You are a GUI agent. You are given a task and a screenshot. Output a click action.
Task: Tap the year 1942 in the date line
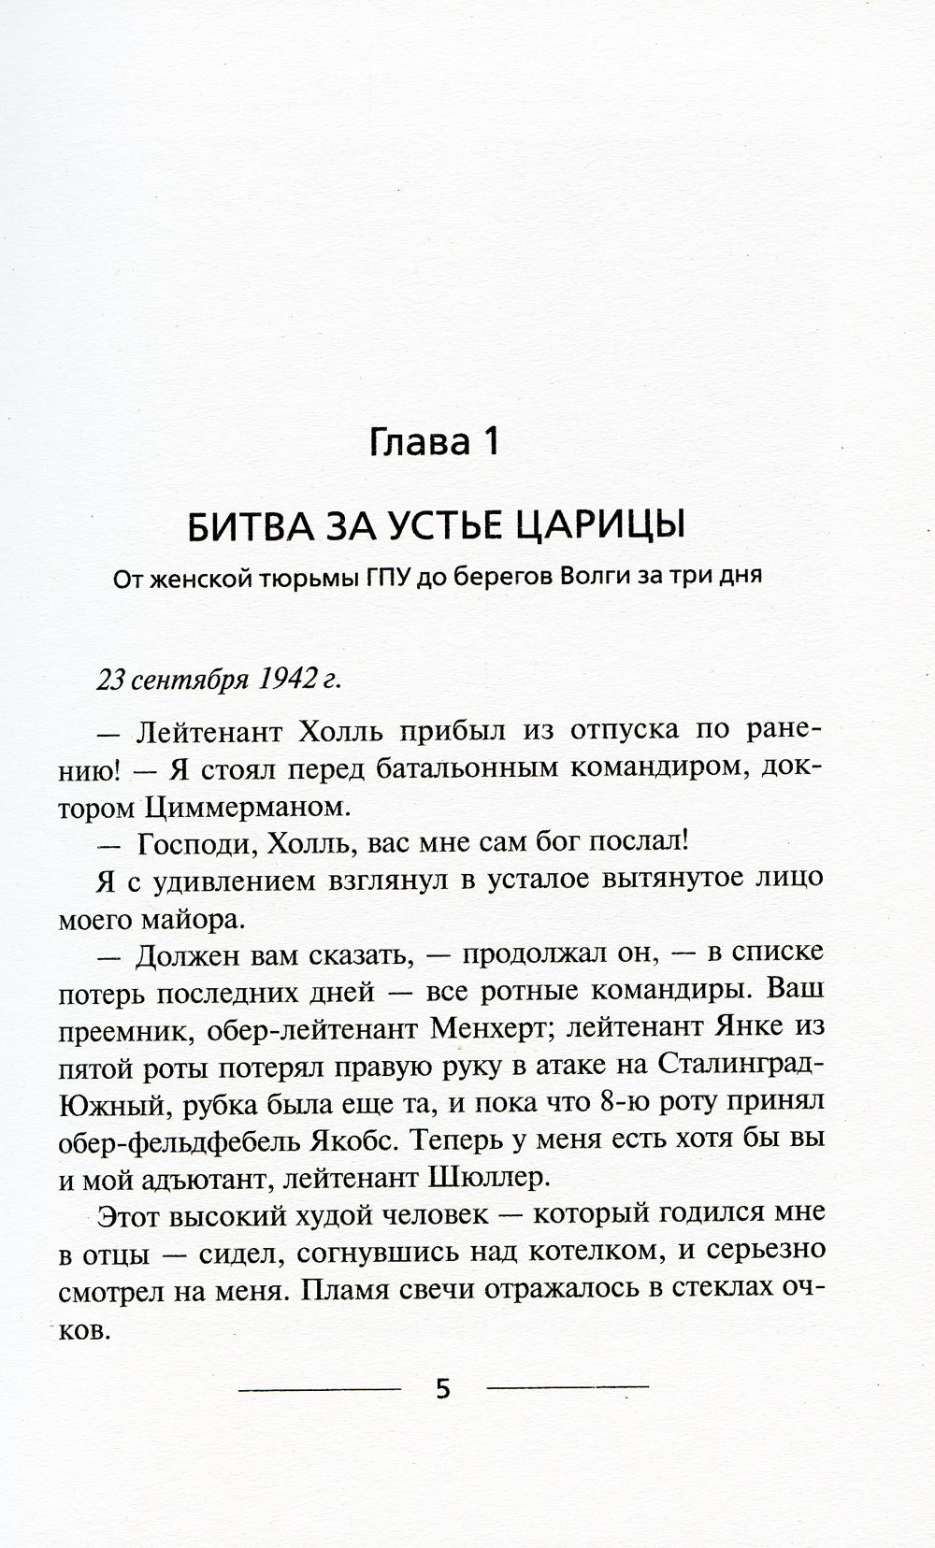[283, 680]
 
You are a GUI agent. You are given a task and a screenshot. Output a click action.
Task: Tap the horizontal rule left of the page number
[320, 1389]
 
